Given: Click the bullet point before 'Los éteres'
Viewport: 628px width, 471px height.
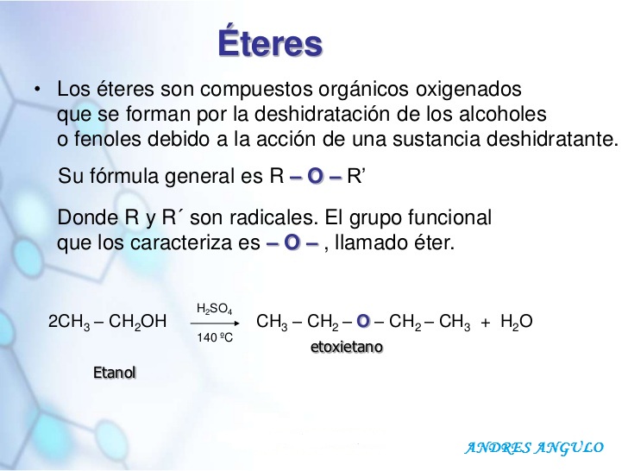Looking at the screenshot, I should pos(38,90).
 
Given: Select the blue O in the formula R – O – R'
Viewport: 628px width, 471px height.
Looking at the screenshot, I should pos(315,177).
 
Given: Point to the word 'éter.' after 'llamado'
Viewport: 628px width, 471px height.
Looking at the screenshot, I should pos(431,243).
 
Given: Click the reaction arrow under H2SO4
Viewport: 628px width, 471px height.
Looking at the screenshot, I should pos(212,322).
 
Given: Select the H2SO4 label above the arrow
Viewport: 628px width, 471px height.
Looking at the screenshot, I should pos(213,309).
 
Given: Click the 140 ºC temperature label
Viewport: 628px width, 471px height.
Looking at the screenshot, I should pos(215,337).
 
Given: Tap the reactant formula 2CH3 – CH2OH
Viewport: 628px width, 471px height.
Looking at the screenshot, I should pos(108,323).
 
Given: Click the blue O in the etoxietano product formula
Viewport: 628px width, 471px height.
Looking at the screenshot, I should pos(363,323).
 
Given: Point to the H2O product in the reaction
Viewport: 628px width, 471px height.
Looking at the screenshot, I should pos(516,323).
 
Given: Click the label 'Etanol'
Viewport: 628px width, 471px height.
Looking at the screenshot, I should pos(115,373).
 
